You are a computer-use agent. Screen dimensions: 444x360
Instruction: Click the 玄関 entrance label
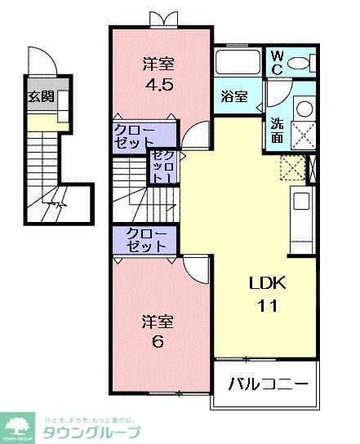coord(41,96)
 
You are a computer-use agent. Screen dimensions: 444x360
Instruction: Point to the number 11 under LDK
coord(268,307)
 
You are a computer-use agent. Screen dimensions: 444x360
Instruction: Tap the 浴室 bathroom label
coord(234,96)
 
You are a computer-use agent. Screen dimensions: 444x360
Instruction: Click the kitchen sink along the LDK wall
coord(300,200)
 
